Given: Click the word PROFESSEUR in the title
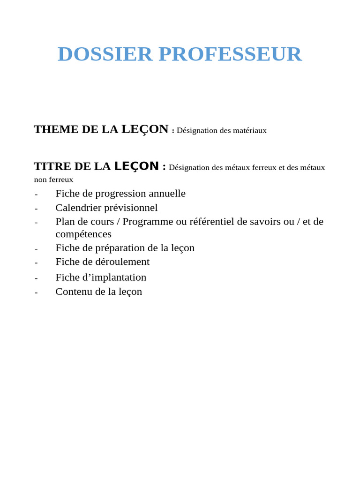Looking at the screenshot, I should tap(230, 54).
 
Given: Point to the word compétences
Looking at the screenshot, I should tap(83, 234).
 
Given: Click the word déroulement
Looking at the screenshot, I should tap(122, 262).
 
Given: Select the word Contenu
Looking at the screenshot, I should tap(74, 292).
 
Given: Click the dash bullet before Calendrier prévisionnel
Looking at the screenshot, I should tap(36, 209).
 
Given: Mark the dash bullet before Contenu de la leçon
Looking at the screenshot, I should tap(36, 292).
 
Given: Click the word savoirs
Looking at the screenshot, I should tap(264, 222).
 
